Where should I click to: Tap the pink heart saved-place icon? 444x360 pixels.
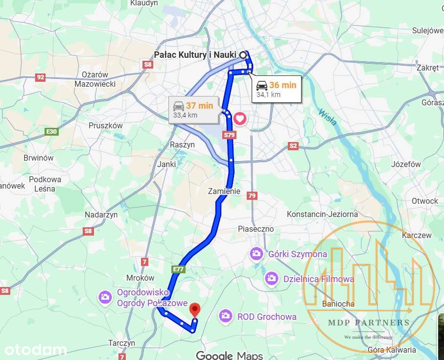click(239, 118)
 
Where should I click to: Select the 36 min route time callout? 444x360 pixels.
click(277, 89)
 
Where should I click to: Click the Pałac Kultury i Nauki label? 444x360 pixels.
click(195, 55)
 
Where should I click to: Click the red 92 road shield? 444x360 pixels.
click(41, 77)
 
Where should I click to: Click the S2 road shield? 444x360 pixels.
click(293, 145)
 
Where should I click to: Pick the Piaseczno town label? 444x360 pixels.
click(256, 229)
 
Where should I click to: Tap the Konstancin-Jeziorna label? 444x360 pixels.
click(322, 214)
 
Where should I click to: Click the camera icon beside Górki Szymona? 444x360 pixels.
click(256, 254)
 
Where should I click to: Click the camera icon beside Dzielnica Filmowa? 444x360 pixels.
click(271, 279)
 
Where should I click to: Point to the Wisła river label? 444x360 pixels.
click(327, 117)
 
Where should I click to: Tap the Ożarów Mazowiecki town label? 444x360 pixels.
click(95, 79)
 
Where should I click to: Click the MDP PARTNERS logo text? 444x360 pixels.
click(368, 322)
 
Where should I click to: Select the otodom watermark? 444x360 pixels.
click(35, 350)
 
